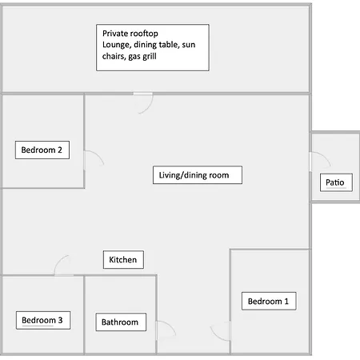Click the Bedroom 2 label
[42, 150]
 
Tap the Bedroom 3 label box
[43, 320]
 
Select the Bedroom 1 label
[269, 301]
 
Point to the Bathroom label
[121, 322]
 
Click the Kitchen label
[123, 259]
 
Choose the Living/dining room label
[198, 175]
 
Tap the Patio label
[336, 182]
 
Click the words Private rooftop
[130, 34]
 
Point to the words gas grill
[142, 57]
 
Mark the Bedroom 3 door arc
[58, 260]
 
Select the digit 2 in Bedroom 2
[60, 150]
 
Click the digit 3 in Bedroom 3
[60, 320]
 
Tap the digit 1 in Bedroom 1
[286, 301]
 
